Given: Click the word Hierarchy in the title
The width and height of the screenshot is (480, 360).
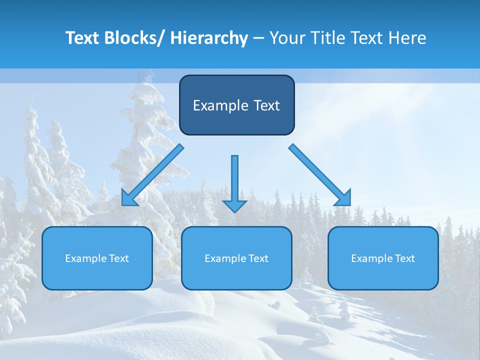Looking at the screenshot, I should [x=209, y=38].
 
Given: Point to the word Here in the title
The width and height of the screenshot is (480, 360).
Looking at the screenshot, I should [x=408, y=38].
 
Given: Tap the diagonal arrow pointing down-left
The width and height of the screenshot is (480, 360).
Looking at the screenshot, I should [x=152, y=175].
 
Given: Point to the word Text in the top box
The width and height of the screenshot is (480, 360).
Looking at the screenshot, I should [x=266, y=105].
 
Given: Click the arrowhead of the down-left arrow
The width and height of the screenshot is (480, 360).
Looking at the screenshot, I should [x=128, y=199].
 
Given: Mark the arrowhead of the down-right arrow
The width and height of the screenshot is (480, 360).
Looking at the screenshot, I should [x=344, y=198].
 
